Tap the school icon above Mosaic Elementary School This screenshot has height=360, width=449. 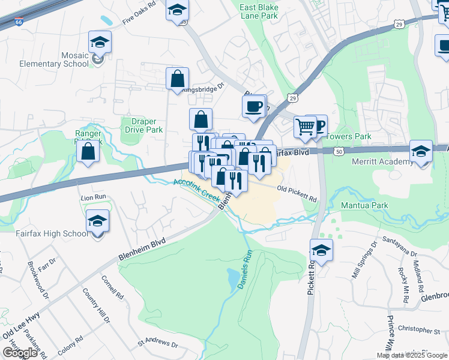pos(100,43)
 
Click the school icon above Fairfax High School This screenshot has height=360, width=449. pos(97,221)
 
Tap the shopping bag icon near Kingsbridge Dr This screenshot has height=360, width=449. pos(178,79)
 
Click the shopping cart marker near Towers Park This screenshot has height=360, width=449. pos(306,127)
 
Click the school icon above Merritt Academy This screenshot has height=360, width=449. pos(421,152)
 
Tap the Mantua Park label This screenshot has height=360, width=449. pos(364,205)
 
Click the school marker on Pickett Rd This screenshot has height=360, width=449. pos(322,251)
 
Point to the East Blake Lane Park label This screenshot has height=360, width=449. pos(259,11)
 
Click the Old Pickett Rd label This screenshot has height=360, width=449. pos(297,192)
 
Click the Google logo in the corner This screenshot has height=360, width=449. pos(20,353)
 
